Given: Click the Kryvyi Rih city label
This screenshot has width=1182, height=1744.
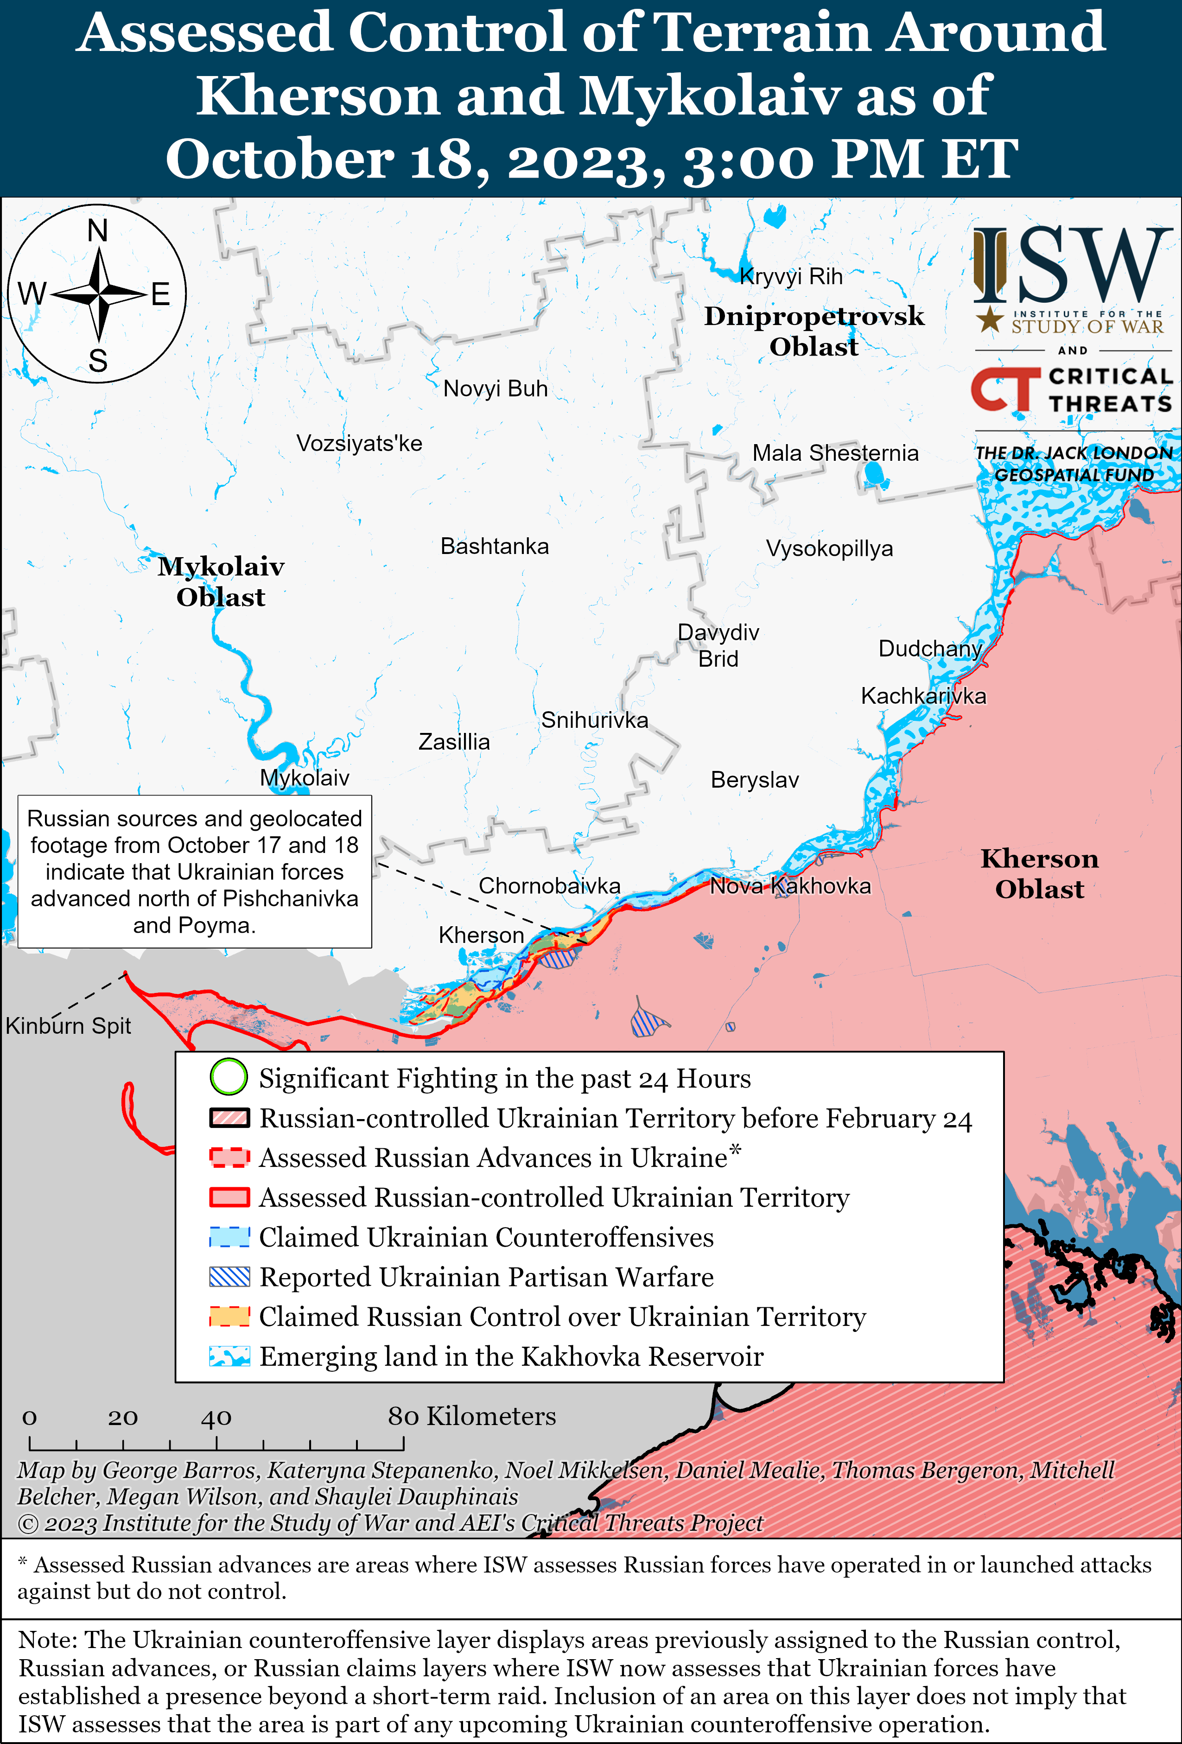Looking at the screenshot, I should point(791,277).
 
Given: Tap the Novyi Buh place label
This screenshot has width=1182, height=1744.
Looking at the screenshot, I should point(496,389).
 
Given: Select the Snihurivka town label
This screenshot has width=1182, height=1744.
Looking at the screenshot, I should point(594,720).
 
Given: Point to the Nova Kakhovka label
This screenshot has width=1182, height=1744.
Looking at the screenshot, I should point(790,886).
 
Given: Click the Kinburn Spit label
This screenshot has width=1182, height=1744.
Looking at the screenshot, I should point(68,1026).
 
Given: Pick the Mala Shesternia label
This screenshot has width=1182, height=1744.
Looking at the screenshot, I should point(835,453).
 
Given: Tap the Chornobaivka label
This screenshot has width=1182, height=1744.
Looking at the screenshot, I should point(549,886).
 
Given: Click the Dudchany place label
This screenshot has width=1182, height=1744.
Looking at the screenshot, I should point(930,649).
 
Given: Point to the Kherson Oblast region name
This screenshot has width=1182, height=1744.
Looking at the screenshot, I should point(1039,873).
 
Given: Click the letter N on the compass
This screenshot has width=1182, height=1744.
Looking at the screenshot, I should point(97,231).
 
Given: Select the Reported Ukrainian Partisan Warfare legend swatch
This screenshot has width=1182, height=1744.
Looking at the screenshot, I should point(229,1277).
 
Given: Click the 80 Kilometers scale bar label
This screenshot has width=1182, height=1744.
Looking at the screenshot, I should point(471,1416).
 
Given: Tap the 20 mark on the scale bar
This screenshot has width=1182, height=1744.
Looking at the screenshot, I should point(122,1418).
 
